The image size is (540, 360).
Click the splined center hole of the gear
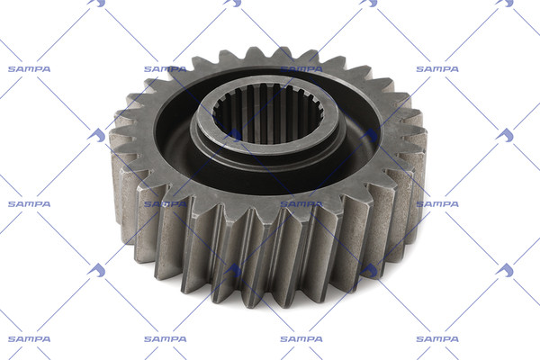click(268, 114)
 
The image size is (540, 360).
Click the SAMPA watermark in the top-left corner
click(30, 69)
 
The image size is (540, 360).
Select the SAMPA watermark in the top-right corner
click(437, 69)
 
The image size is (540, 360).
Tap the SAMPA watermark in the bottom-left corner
click(30, 339)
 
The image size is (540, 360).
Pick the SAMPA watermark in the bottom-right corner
click(437, 339)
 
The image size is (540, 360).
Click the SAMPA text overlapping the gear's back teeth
click(301, 69)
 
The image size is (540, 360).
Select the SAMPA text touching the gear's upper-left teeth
click(166, 69)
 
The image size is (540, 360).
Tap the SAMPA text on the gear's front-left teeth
click(166, 204)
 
